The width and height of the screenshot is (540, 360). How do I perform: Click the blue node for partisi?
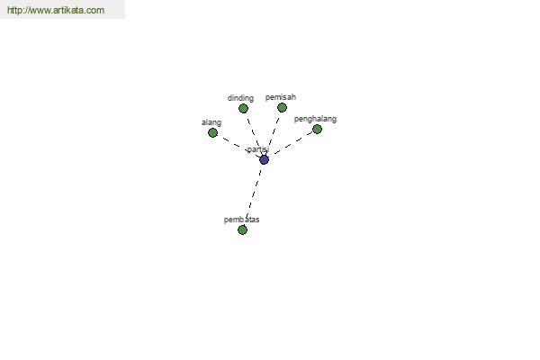point(264,159)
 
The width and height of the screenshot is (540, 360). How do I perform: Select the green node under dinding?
point(244,109)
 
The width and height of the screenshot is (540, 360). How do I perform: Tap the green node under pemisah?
point(282,108)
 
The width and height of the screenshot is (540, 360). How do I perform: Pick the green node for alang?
point(212,132)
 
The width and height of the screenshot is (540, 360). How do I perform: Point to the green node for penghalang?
point(317,130)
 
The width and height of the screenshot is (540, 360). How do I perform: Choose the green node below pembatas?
point(242,229)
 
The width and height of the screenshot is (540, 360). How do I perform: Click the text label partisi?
point(258,149)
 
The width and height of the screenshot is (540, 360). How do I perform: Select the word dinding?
point(240,98)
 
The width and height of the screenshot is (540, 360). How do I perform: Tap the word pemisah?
point(281,97)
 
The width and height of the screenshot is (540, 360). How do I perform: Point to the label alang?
point(211,122)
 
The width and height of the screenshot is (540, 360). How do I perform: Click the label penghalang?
point(315,119)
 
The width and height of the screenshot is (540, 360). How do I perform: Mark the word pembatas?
point(241,220)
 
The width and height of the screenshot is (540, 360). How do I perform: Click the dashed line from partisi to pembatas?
point(254,193)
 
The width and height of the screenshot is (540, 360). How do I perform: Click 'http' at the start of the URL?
point(13,10)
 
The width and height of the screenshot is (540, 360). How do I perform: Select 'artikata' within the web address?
point(68,10)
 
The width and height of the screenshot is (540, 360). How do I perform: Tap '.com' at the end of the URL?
point(94,10)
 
